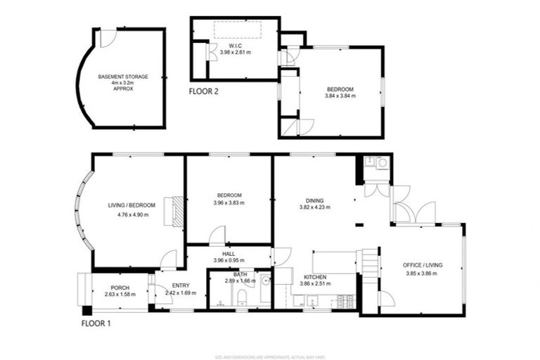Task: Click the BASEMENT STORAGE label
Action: (122, 76)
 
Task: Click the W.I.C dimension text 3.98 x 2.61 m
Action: (236, 53)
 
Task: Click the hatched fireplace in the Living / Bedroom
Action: (173, 211)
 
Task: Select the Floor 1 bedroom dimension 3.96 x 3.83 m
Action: (229, 202)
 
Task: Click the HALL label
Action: (229, 254)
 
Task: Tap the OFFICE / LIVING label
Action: (423, 265)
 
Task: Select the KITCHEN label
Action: (314, 277)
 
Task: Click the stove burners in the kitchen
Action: (345, 302)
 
